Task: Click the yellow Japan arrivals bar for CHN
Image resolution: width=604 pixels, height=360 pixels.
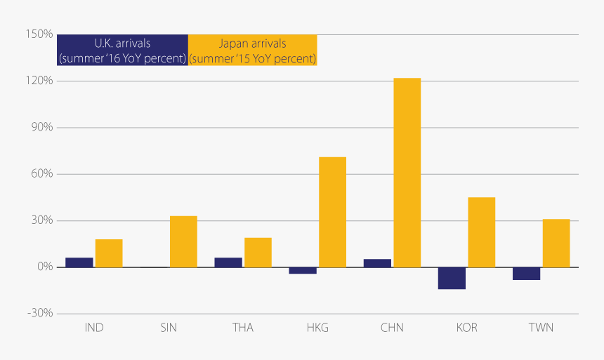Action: coord(407,173)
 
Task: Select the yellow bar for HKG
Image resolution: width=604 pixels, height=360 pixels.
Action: coord(332,212)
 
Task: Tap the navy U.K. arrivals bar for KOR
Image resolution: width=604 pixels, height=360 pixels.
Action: coord(452,278)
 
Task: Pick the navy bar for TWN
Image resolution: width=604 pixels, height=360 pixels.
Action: coord(526,274)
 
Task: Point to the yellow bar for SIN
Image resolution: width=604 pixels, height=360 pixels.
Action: coord(183,241)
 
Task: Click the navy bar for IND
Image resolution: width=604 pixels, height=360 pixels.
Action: coord(79,262)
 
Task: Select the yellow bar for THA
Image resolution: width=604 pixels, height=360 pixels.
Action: coord(258,253)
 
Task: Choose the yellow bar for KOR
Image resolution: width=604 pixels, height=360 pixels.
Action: coord(481,232)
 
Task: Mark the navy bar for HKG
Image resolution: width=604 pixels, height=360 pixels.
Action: coord(303,270)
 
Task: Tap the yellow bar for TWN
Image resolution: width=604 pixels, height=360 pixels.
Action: coord(556,243)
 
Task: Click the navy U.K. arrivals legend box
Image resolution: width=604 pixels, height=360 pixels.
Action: coord(122,51)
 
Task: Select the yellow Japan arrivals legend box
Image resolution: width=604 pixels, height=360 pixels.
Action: coord(252,51)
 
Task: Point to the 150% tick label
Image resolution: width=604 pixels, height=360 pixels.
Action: coord(40,34)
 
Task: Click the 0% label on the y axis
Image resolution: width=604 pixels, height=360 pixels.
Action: coord(45,267)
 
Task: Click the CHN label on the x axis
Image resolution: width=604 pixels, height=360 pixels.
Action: coord(392,328)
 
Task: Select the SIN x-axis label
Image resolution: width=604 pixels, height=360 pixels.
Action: coord(169,328)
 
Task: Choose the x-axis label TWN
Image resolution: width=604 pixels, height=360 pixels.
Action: coord(541,328)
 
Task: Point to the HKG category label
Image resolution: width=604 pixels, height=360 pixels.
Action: coord(317,328)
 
